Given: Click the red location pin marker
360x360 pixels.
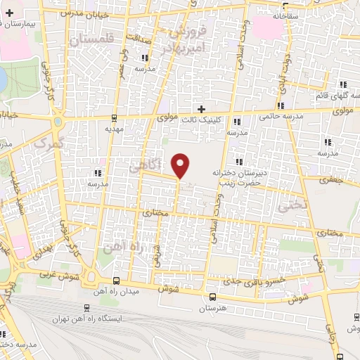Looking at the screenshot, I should coord(181,165).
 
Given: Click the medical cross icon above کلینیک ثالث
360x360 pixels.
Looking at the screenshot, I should coord(202,108).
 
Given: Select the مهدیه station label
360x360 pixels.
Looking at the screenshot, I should coord(114,129).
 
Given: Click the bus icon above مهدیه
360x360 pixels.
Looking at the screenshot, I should coord(114,117).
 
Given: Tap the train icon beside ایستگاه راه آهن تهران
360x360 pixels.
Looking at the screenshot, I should coord(86,307).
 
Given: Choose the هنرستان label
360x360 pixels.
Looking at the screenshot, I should coord(212,309).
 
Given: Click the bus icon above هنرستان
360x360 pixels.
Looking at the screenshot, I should coord(212,297).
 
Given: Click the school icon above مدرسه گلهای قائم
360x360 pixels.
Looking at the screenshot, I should coord(342,84).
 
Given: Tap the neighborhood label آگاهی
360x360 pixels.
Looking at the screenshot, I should coord(146,165).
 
